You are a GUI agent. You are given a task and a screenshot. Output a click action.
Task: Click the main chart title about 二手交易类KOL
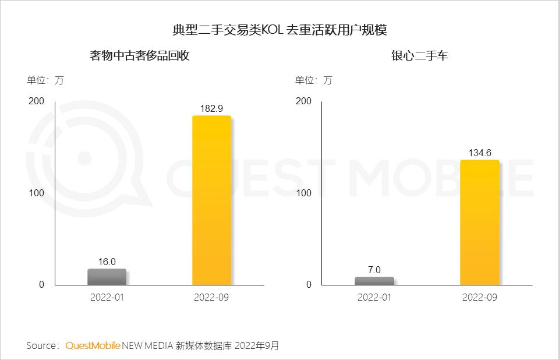[x=279, y=30]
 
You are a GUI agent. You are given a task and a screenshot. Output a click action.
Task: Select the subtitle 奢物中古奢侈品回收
[x=140, y=56]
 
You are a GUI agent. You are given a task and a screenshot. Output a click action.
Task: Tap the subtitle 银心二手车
[x=419, y=56]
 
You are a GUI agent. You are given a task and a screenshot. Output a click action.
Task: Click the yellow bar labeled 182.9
[x=211, y=200]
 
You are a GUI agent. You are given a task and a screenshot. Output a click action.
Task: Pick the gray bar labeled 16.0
[x=107, y=277]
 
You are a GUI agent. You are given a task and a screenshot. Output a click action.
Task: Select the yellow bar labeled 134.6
[x=480, y=222]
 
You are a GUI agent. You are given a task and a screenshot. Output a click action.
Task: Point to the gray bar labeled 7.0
[x=374, y=281]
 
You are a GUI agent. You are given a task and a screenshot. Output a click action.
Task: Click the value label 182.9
[x=211, y=108]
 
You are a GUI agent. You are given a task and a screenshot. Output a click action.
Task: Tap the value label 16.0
[x=107, y=262]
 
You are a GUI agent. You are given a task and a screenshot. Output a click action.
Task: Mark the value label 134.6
[x=480, y=153]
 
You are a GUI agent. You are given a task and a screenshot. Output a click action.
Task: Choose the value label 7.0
[x=374, y=270]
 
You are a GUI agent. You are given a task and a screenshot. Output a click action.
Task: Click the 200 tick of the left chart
[x=36, y=101]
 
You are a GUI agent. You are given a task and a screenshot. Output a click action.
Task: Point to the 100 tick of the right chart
[x=303, y=193]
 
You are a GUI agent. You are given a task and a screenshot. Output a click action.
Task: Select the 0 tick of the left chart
[x=41, y=284]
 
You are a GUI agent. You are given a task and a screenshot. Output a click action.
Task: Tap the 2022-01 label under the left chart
[x=107, y=297]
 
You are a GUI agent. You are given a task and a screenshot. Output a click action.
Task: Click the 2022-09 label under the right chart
[x=480, y=297]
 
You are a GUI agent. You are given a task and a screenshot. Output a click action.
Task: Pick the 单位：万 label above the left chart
[x=45, y=80]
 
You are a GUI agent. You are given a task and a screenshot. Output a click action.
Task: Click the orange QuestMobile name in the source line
[x=93, y=345]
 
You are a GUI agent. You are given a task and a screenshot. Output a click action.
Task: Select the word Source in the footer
[x=41, y=345]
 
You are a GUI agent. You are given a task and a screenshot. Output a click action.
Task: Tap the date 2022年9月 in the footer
[x=257, y=345]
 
